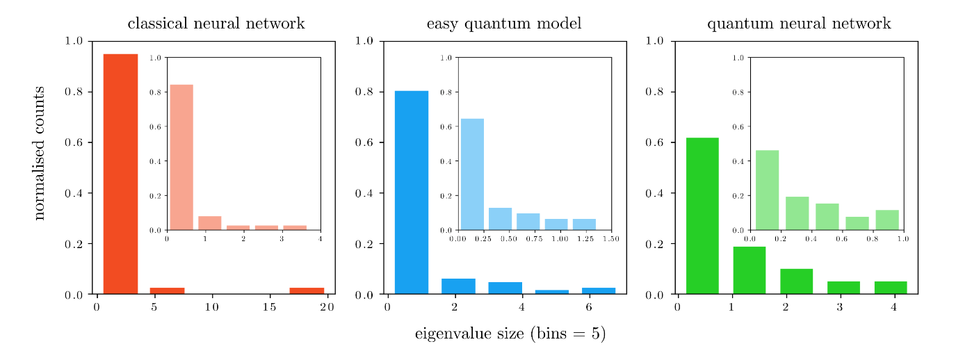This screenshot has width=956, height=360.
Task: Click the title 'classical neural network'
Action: (216, 24)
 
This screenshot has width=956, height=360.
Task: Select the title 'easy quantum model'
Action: (503, 24)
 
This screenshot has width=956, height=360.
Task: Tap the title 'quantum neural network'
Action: (798, 24)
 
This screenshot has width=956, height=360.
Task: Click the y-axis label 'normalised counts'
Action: (39, 153)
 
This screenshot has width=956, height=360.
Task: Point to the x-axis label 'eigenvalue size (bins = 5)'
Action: (510, 334)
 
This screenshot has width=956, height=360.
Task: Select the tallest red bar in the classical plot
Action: (120, 174)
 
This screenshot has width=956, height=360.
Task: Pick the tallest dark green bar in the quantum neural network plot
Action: (702, 215)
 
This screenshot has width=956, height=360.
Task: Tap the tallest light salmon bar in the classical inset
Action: (181, 157)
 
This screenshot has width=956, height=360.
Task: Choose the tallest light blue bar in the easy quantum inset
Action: (472, 174)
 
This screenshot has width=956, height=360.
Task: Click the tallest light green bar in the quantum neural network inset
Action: (767, 190)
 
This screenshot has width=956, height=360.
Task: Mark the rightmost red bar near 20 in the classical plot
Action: (307, 291)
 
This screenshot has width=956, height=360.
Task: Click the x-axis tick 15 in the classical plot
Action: (270, 307)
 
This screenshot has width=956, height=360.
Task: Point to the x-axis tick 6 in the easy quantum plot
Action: (589, 307)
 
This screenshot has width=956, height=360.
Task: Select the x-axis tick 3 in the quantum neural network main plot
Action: (839, 307)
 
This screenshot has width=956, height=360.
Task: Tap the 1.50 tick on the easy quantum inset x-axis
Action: (610, 239)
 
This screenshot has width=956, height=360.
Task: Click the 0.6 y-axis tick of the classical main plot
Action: (74, 142)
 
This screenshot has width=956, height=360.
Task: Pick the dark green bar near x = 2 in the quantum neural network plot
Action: (796, 281)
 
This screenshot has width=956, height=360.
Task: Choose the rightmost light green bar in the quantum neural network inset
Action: (886, 220)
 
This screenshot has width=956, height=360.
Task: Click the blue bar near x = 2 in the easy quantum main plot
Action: (458, 286)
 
